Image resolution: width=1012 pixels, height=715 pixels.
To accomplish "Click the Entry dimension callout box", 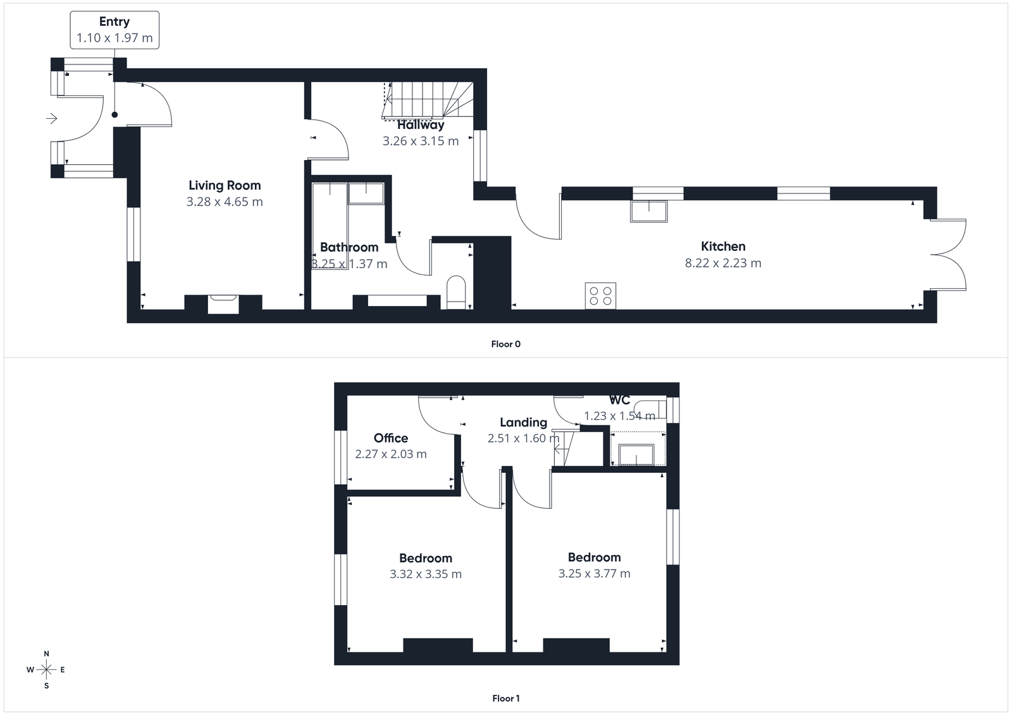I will tap(114, 30).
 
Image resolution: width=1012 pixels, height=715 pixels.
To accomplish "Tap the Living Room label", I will tap(225, 185).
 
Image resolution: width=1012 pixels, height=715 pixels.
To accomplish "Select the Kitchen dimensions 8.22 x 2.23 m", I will tap(723, 263).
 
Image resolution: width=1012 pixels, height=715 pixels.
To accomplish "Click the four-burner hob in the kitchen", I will tap(600, 295).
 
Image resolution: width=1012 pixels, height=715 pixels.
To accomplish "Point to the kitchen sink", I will tap(648, 211).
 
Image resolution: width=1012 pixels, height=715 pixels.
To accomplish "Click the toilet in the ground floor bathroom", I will tap(455, 292).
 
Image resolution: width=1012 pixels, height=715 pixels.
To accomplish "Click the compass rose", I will tap(46, 669).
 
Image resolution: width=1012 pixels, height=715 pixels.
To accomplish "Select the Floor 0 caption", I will tap(505, 344).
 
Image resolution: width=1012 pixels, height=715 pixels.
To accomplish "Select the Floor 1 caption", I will tap(505, 699).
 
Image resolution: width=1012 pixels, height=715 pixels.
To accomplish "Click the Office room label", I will tap(391, 438).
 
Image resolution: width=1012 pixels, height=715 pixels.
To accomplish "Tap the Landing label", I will tap(523, 422).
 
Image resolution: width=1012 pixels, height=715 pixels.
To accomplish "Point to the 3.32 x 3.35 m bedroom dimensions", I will tap(426, 574).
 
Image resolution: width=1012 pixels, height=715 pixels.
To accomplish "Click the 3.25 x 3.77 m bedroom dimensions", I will tap(594, 573).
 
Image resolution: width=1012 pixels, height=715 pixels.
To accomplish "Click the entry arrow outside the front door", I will tap(52, 118).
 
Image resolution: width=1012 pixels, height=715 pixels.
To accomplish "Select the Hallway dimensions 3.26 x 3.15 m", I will tap(421, 141).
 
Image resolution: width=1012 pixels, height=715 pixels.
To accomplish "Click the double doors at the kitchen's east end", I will tap(949, 254).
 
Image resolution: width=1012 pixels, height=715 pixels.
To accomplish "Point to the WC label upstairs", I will tap(619, 400).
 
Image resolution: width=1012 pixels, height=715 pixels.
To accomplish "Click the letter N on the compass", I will tap(46, 654).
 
